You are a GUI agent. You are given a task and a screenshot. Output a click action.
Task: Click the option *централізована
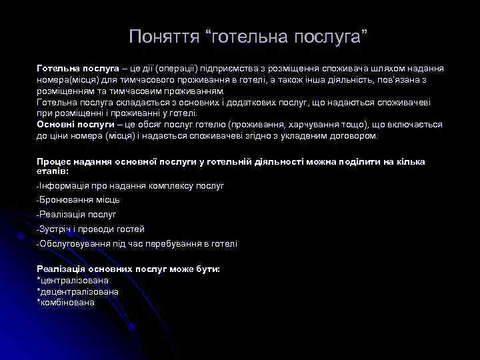(73, 281)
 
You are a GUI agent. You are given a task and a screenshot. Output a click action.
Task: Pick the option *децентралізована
(78, 292)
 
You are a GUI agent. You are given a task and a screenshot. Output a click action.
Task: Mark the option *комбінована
(66, 303)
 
